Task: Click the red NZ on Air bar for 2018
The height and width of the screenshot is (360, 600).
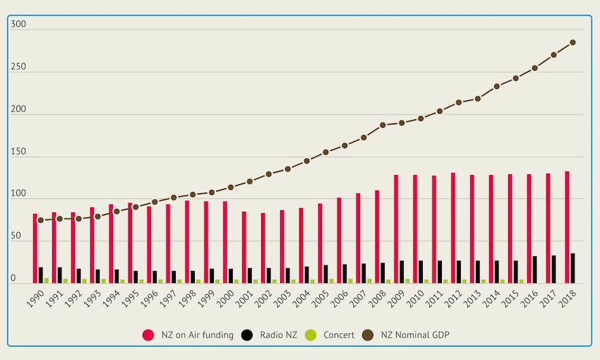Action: tap(567, 227)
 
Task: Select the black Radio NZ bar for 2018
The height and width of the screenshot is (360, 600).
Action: tap(573, 269)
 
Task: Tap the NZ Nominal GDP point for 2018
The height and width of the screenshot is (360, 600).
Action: tap(572, 42)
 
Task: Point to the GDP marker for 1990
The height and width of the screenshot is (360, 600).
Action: tap(40, 220)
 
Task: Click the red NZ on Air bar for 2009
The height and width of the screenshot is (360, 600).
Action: tap(396, 229)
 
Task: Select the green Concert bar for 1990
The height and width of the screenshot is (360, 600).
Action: tap(47, 280)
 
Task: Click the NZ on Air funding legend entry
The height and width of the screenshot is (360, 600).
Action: tap(188, 335)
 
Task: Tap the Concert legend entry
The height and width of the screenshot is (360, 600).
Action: tap(332, 335)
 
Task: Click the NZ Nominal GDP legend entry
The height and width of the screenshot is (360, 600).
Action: tap(407, 335)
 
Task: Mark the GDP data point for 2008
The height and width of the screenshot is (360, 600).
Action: tap(383, 125)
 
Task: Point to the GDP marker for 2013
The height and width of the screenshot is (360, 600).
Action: tap(477, 99)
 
